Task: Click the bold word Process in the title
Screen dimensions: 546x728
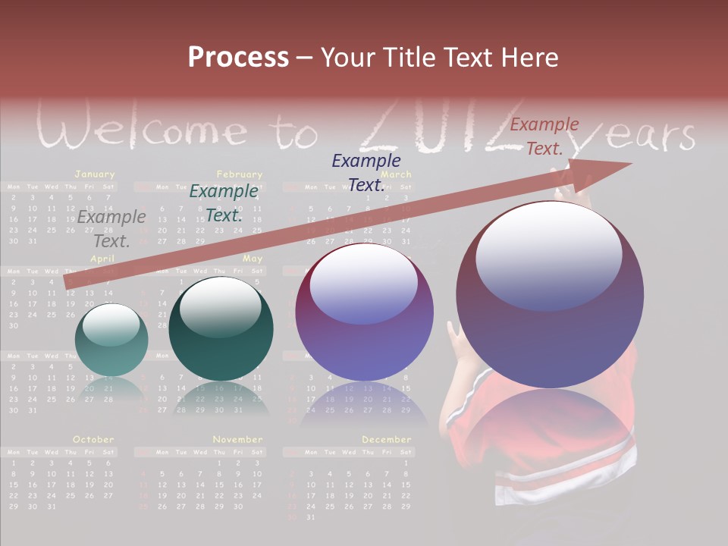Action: point(238,57)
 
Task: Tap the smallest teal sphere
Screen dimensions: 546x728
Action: point(111,340)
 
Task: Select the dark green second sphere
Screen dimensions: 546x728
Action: point(221,328)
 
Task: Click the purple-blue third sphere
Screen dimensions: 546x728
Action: point(365,312)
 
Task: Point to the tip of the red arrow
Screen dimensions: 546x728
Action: point(629,164)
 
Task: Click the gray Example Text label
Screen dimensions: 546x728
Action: point(111,229)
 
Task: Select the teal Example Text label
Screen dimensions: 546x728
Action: point(224,203)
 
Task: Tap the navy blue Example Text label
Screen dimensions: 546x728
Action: point(366,172)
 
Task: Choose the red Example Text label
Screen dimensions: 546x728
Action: point(544,136)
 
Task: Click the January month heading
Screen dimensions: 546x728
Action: point(95,174)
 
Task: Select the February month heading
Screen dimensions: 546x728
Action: point(239,174)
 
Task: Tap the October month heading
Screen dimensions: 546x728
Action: point(93,439)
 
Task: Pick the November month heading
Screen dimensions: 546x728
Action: point(237,439)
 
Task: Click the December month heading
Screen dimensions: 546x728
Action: point(386,439)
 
